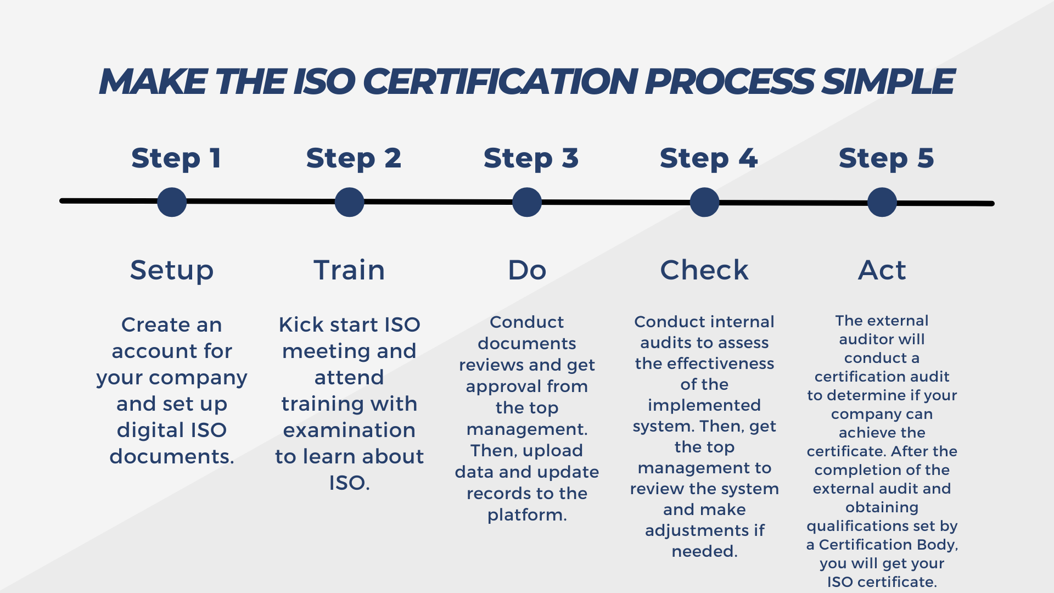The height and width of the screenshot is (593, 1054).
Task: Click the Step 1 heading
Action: [176, 159]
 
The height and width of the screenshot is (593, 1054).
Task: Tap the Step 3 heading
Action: [531, 159]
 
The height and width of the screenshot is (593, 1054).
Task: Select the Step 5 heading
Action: [886, 159]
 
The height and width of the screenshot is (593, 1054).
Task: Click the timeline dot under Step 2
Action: [349, 202]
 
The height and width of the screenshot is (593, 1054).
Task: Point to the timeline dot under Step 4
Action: [704, 202]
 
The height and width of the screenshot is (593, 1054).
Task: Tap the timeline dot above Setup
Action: [172, 202]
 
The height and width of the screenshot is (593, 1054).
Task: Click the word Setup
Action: [172, 270]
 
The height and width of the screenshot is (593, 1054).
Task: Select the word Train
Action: [349, 270]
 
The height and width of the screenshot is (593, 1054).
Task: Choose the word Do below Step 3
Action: [527, 270]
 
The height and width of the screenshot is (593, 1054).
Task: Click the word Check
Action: [704, 270]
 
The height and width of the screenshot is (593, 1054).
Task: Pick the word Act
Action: [882, 270]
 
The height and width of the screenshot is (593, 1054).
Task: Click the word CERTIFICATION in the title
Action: [500, 82]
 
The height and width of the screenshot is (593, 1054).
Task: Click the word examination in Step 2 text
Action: [349, 430]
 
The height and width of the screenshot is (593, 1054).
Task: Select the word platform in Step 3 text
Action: [525, 515]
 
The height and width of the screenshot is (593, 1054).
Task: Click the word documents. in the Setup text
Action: [172, 456]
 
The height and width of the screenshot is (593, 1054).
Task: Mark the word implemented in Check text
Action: [704, 405]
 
